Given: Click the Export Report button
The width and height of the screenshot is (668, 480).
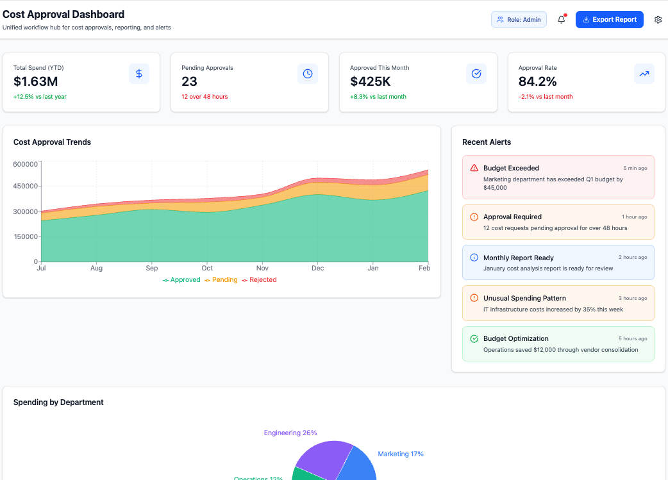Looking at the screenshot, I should pos(609,20).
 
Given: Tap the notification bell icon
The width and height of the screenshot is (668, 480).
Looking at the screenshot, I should pos(562,20).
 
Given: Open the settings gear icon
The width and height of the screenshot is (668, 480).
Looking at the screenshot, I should pos(658,20).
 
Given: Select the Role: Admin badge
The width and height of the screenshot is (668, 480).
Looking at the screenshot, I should pos(519,20).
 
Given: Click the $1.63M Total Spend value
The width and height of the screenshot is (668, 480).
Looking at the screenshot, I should pos(36,81).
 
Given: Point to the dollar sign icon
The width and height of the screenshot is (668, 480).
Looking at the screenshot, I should pos(139,74).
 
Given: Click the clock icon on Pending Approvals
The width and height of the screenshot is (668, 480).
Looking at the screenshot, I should pos(308,74).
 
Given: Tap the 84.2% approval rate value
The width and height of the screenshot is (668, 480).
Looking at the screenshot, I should pos(537,81).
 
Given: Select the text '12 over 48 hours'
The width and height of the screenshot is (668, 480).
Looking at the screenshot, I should pos(205,97).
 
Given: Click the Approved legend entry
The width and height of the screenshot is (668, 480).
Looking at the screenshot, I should pos(181,280).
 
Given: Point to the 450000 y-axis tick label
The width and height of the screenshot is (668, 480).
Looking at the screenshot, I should pos(26,186).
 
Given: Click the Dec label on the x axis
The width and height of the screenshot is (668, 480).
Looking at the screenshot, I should pos(317,269).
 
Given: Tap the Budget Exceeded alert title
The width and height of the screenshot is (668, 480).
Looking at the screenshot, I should pos(511,168).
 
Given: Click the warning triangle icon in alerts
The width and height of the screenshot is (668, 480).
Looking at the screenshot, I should pos(474,168).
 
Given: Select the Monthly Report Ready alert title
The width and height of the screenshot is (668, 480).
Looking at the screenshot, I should pos(518,258).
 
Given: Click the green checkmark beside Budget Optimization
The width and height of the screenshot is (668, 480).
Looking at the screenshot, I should pos(474,338).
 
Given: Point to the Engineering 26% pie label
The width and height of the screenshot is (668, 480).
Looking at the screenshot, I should pos(290,433).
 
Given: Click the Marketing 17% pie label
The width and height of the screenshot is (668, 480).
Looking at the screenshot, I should pos(401,454).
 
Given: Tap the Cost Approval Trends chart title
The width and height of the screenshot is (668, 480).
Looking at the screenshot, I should pos(52,142).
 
